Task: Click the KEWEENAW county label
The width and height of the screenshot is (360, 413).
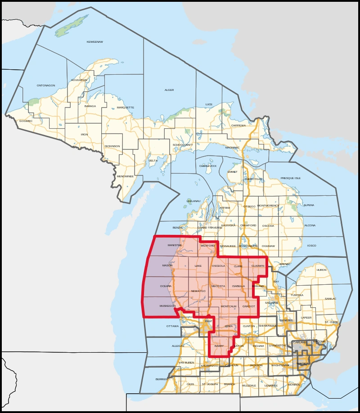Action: tap(94, 42)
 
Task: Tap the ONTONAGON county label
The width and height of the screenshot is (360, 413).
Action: tap(46, 85)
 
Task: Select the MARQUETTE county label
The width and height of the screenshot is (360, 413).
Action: tap(126, 108)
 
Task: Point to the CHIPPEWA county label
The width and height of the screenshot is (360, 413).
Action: tap(238, 126)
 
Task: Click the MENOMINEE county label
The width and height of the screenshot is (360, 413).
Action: tap(125, 176)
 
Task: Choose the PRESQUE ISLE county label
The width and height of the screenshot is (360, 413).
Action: tap(291, 178)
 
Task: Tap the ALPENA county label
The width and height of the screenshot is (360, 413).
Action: tap(309, 205)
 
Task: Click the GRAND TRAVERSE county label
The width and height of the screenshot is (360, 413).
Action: tap(210, 228)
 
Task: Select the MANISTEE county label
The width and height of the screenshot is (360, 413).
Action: tap(175, 245)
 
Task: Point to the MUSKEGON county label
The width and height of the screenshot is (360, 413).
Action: tap(167, 306)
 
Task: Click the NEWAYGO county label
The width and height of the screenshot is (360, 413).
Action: tap(198, 291)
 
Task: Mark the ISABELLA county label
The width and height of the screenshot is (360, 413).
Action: tap(238, 286)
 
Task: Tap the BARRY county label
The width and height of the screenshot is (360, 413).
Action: tap(219, 346)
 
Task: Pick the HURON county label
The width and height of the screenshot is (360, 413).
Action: tap(321, 270)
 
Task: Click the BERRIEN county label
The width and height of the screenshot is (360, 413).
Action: tap(162, 379)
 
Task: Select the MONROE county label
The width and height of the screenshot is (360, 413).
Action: tap(294, 385)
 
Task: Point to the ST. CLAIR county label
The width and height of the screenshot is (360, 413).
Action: tap(331, 322)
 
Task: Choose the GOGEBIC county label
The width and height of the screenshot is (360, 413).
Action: tap(26, 121)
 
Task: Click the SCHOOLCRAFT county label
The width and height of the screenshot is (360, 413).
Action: tap(183, 145)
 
